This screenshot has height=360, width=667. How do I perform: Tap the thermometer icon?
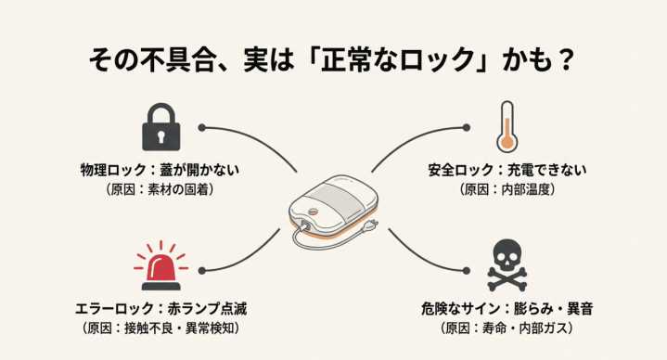click(506, 127)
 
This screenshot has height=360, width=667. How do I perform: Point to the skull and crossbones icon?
click(508, 267)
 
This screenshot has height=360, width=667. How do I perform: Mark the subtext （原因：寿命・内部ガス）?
click(507, 328)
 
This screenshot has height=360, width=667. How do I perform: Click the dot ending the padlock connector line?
click(201, 127)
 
